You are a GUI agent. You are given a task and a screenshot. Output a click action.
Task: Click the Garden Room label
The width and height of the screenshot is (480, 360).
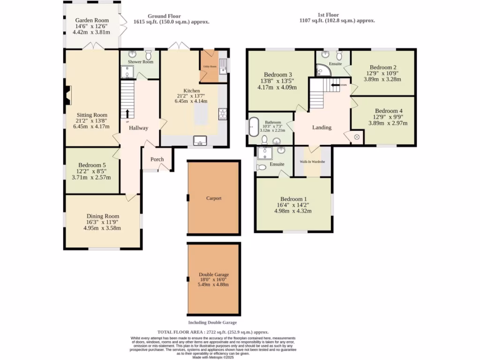pos(92,20)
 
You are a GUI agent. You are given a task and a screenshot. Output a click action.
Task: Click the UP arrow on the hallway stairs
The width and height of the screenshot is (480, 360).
pos(127,114)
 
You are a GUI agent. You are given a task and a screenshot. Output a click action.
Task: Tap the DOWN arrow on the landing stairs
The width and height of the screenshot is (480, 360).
pos(337,85)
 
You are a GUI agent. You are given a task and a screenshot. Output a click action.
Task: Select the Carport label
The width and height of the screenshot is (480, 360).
pos(214,198)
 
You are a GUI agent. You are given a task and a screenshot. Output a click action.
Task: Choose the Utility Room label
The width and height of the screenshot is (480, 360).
pos(210,67)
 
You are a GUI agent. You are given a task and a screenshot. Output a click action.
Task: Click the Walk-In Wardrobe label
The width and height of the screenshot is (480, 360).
pos(313,162)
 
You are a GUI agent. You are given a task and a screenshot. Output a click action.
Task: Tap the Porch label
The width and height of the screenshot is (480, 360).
pos(157,159)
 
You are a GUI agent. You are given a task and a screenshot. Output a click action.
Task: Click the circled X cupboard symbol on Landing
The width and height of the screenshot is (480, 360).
pos(356,137)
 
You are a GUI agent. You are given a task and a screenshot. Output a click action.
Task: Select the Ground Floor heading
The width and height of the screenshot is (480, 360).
pos(164,16)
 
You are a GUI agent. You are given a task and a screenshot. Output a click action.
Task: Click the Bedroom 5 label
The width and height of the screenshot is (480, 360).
pos(92,165)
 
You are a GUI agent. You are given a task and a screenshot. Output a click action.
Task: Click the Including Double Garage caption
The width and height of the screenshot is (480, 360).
pos(212,322)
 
